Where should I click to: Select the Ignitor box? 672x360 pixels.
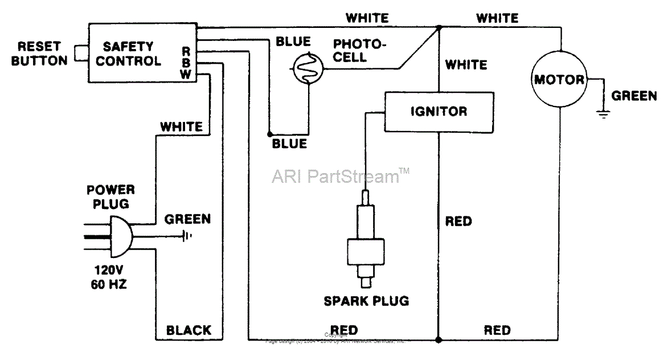pyautogui.click(x=439, y=112)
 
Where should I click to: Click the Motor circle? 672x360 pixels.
pyautogui.click(x=559, y=80)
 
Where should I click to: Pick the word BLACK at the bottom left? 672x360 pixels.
pyautogui.click(x=189, y=330)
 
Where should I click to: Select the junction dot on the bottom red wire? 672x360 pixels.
pyautogui.click(x=439, y=340)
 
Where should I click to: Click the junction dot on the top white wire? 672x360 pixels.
pyautogui.click(x=439, y=27)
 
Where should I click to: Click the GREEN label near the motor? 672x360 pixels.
pyautogui.click(x=634, y=96)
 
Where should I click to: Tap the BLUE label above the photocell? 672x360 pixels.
pyautogui.click(x=293, y=42)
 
